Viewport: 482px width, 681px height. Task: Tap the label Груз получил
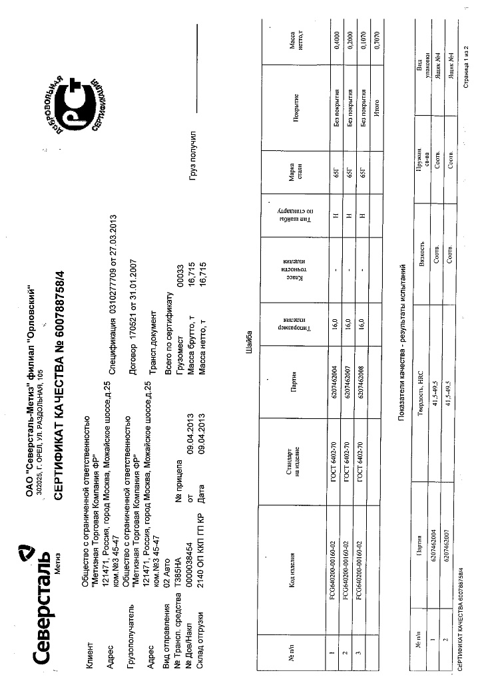(192, 152)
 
